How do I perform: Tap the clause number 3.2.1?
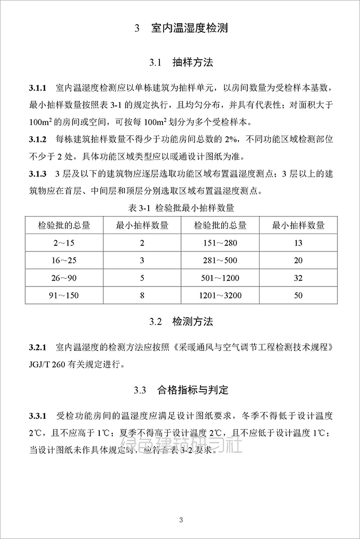pos(38,347)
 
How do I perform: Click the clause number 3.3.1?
pos(38,415)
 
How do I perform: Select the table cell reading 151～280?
pos(220,243)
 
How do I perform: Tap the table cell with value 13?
pos(298,243)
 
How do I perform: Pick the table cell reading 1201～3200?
pos(220,295)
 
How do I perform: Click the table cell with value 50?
pos(298,295)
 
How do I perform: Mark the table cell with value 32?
pos(298,278)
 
